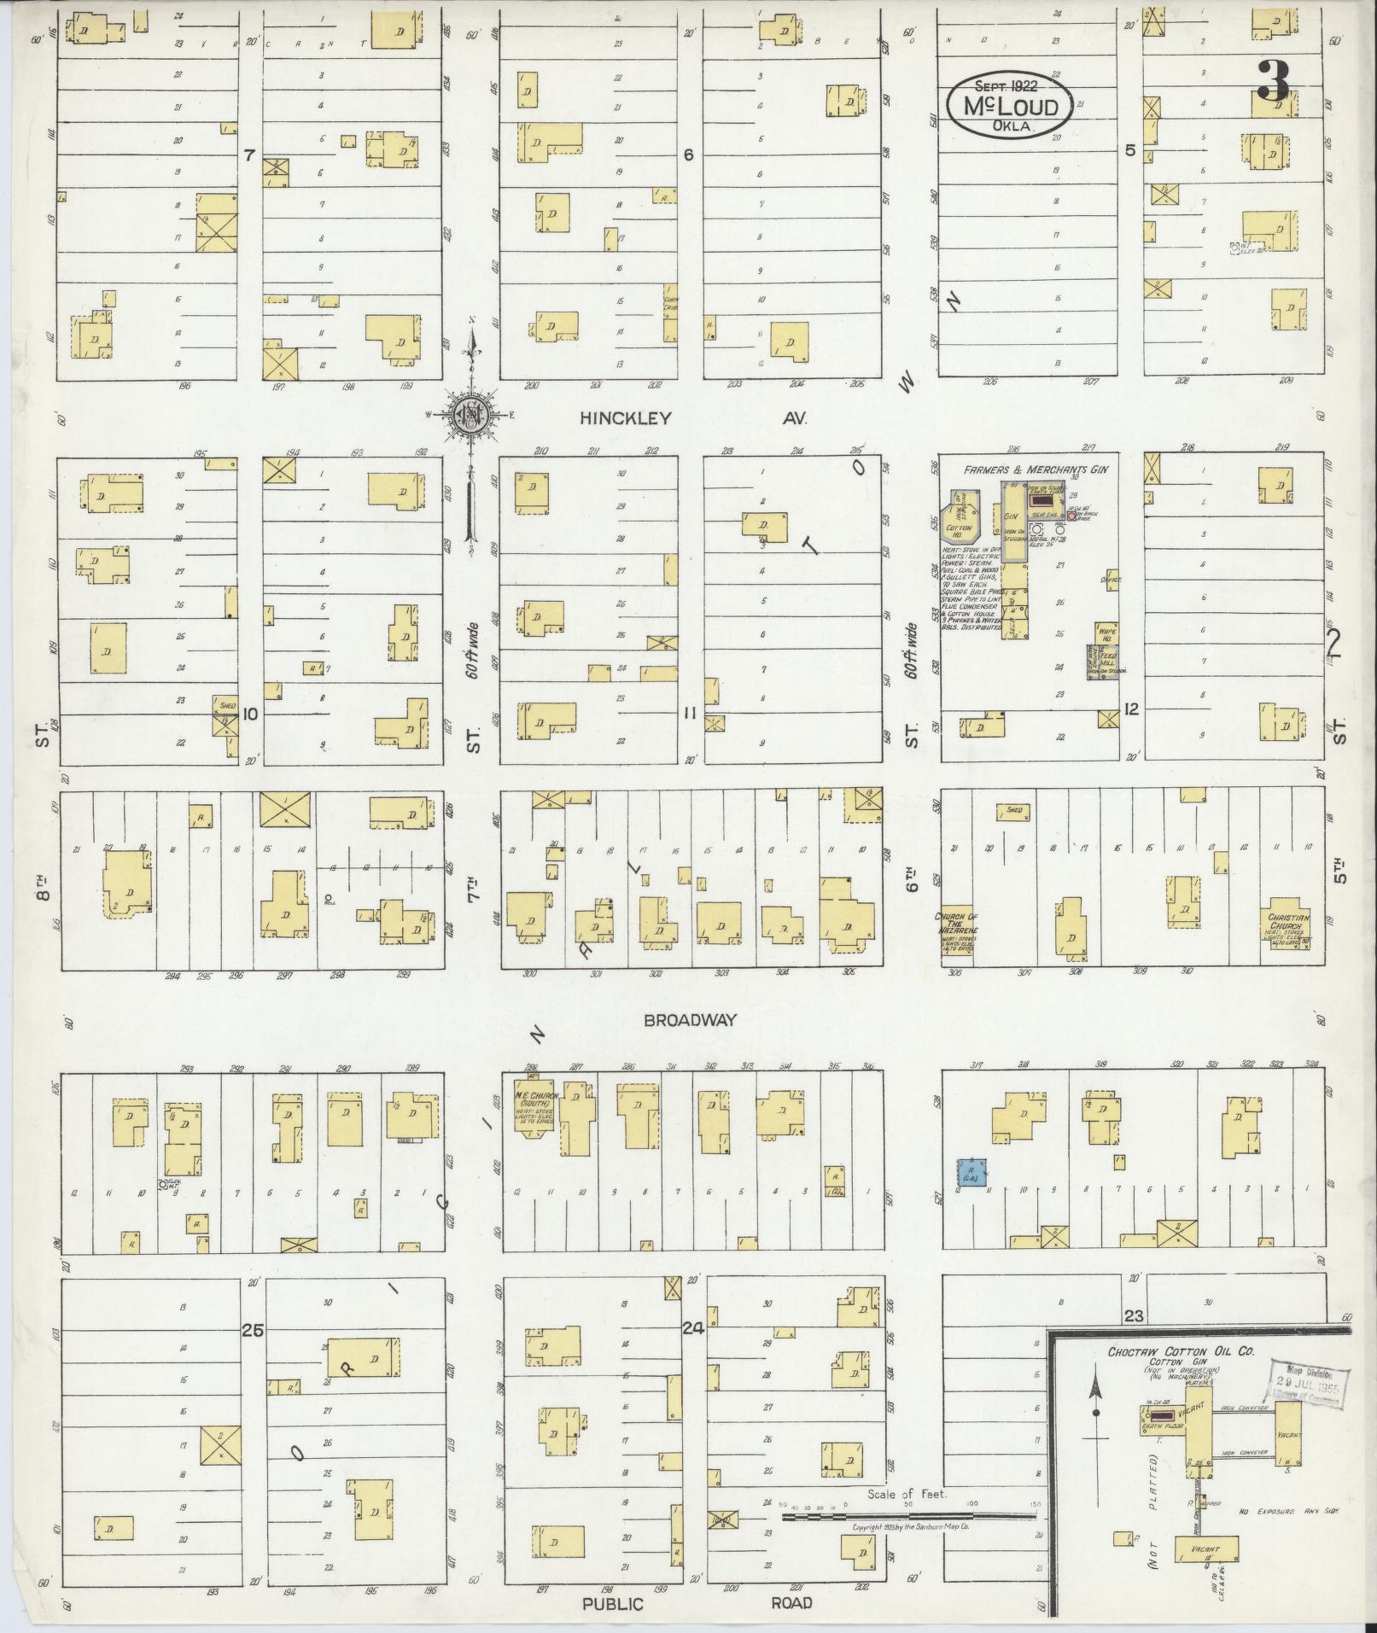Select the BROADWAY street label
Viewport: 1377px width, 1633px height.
[x=689, y=1020]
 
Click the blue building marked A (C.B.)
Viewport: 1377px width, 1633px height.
[x=971, y=1172]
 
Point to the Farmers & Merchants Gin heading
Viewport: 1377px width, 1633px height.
[x=1030, y=470]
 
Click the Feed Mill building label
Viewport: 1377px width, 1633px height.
[x=1106, y=661]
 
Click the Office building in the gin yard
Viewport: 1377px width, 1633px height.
[x=1111, y=580]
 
